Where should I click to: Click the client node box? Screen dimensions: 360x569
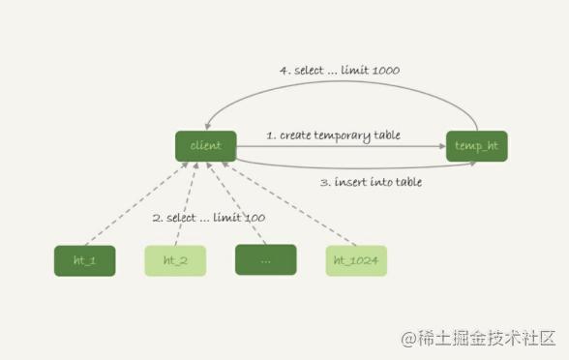[x=206, y=146]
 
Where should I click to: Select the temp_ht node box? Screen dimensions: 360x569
[x=476, y=146]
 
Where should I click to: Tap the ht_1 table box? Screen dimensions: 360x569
[x=84, y=260]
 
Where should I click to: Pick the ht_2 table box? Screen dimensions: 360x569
[x=175, y=260]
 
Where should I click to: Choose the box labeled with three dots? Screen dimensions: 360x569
[x=265, y=260]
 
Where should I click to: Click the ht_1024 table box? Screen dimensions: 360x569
[x=356, y=260]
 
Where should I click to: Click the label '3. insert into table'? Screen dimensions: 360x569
[x=370, y=181]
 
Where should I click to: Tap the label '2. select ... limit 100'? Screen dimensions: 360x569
[x=209, y=218]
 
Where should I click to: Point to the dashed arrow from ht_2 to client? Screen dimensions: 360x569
[x=186, y=203]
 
